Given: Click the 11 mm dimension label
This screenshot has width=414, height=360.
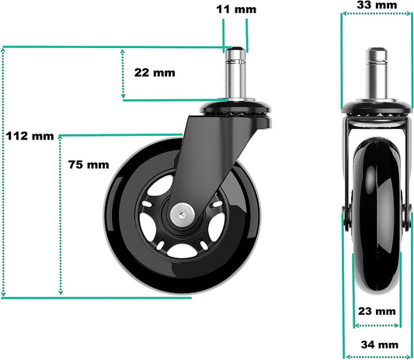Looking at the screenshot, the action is [x=236, y=9].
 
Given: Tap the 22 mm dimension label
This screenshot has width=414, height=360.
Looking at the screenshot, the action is [x=155, y=73].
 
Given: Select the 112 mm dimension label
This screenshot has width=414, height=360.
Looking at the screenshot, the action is [x=30, y=136].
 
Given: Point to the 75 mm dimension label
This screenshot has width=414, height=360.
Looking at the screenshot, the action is [x=89, y=164].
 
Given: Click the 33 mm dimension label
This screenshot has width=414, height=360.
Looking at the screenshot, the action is [x=377, y=5].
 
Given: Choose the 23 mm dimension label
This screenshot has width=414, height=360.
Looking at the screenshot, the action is [x=377, y=311].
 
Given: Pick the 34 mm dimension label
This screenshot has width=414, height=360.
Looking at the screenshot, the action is [x=380, y=344].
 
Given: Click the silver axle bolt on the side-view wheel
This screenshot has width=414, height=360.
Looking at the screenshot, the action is [x=183, y=213].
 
